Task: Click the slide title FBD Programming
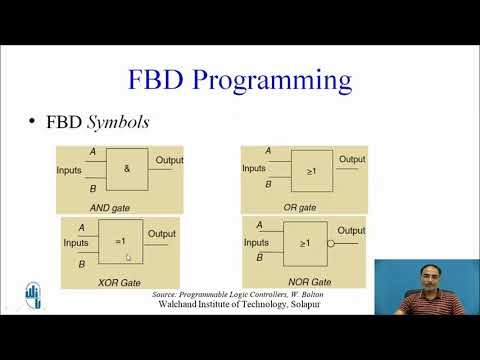pos(239,79)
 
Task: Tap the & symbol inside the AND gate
pos(127,169)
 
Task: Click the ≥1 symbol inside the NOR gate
pos(305,242)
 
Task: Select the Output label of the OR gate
pos(352,159)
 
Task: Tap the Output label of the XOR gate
pos(162,234)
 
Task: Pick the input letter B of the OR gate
pos(268,185)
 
